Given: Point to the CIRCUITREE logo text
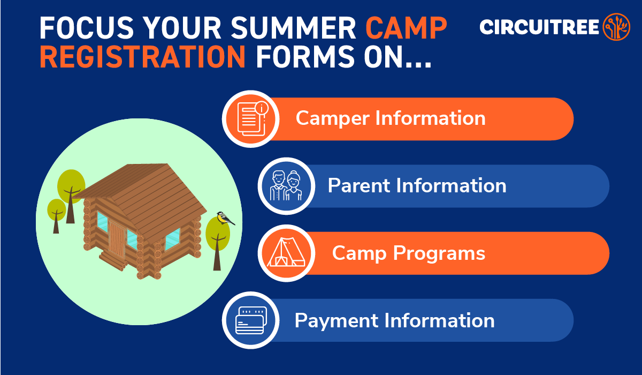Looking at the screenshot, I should (539, 27).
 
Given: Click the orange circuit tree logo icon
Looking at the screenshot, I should (616, 27).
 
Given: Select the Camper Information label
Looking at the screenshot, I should (391, 118).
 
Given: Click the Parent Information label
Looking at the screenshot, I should (417, 186).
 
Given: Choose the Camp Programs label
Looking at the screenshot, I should (409, 253).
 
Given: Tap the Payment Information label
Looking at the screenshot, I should (394, 320).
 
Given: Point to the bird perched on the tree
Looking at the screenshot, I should (225, 217).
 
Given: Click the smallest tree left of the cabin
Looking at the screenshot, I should (56, 212).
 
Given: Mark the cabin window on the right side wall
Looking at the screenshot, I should (172, 239).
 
